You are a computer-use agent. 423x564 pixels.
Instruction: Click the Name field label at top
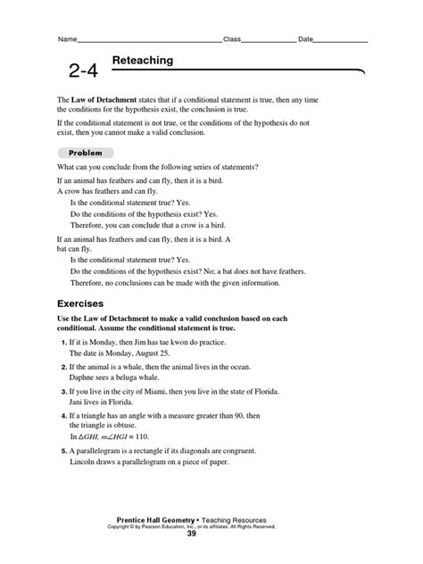point(67,40)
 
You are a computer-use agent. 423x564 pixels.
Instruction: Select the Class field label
point(232,40)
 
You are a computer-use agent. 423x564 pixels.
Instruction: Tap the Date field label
point(305,40)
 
